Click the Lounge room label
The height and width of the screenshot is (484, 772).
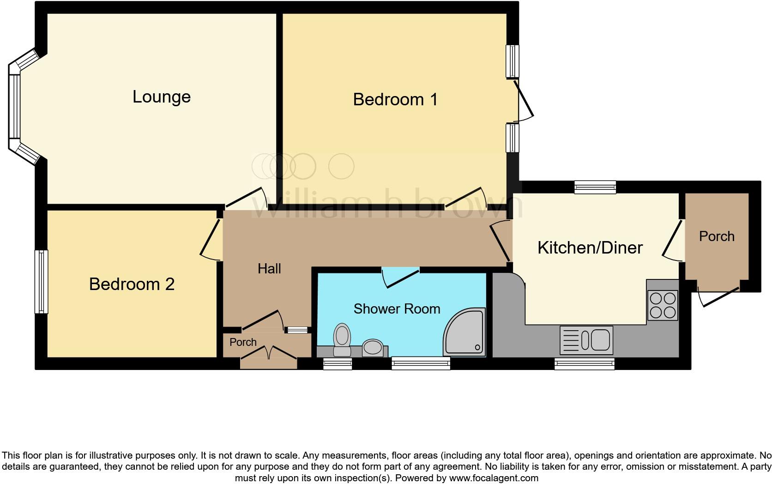click(x=162, y=97)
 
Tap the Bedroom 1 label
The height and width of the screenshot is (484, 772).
click(x=395, y=99)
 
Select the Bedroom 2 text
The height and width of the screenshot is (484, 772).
click(x=132, y=284)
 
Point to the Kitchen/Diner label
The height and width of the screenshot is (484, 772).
click(x=590, y=248)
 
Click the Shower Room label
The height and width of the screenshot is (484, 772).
click(x=397, y=309)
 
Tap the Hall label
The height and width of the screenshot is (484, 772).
click(x=269, y=268)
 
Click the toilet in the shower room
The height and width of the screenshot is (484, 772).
click(x=342, y=339)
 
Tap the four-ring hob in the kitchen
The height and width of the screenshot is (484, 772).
click(x=663, y=305)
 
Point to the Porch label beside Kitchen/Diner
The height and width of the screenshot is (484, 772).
click(x=717, y=236)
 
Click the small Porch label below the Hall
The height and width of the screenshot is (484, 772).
click(x=243, y=342)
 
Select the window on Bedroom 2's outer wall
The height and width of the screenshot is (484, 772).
click(x=42, y=282)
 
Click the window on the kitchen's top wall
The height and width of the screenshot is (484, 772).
click(x=595, y=187)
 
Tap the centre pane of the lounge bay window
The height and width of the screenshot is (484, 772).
click(x=15, y=106)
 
